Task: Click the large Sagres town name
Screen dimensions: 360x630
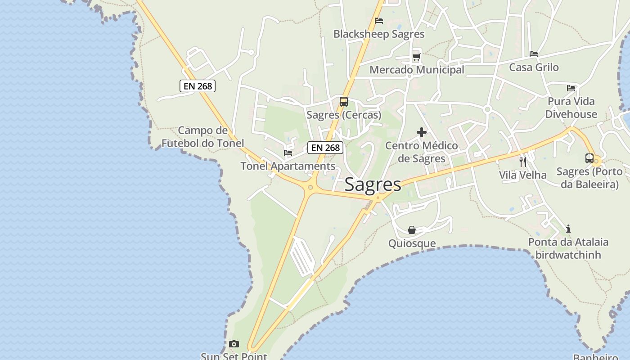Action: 373,184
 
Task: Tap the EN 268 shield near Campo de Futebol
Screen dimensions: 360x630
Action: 198,86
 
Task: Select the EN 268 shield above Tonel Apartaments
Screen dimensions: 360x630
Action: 325,148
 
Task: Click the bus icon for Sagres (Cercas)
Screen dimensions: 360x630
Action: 344,102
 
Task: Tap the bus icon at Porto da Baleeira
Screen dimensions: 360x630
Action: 589,158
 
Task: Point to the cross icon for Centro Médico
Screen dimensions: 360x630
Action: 422,132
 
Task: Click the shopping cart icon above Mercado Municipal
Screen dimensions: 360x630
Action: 416,57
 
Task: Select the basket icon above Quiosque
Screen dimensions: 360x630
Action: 412,230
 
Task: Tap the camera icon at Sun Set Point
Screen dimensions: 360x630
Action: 234,344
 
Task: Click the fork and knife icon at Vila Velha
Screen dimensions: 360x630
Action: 523,162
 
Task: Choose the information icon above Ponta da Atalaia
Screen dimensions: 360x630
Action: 568,229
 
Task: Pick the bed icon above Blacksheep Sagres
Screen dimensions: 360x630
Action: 379,21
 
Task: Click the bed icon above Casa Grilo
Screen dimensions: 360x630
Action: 534,54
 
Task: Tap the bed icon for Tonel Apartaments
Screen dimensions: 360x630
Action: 288,153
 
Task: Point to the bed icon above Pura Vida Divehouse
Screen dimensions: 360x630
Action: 571,88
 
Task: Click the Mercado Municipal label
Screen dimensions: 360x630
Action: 417,70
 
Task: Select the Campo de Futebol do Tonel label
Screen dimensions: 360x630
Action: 203,137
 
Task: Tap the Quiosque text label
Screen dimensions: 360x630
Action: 412,243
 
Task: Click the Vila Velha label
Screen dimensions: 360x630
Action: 523,175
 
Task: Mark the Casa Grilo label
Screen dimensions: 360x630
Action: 534,67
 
